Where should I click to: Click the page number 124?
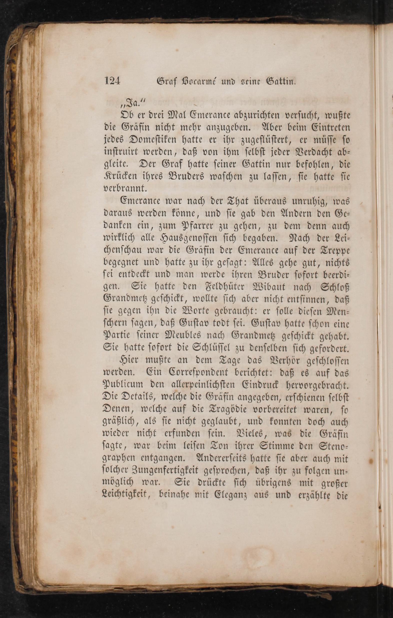[112, 81]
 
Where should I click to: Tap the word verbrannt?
[125, 189]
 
